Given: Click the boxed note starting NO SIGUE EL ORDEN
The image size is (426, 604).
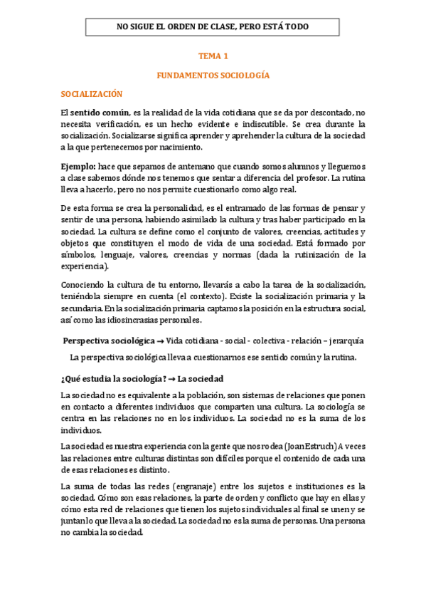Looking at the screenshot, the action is click(x=213, y=27).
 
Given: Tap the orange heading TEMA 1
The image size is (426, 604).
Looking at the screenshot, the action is click(x=213, y=55).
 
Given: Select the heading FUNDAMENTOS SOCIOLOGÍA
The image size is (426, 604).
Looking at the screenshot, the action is click(x=213, y=75).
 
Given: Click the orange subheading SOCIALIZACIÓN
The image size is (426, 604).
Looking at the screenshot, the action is click(x=92, y=93).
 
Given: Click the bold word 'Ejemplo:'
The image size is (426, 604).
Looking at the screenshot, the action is click(x=79, y=166).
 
